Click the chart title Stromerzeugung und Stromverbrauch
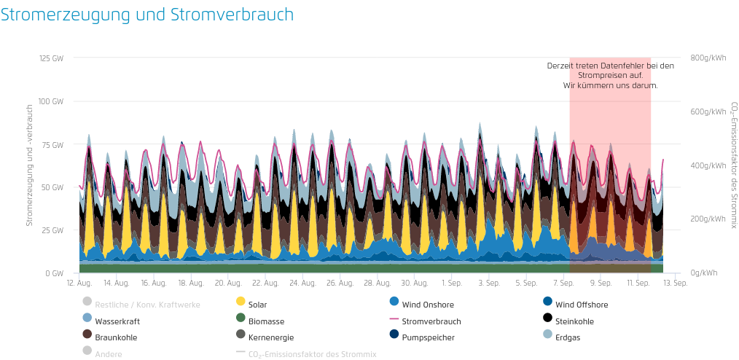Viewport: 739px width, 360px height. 147,15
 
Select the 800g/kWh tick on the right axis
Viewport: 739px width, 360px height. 708,58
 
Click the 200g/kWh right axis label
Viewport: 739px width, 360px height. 708,219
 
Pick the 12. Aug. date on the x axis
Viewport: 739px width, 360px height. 79,283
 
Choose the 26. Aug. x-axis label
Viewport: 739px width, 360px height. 340,283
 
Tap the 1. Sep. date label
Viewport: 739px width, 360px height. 452,283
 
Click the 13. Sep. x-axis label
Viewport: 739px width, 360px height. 676,283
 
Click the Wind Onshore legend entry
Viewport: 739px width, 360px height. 426,305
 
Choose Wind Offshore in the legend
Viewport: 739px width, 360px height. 581,305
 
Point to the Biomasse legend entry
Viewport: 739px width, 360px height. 266,321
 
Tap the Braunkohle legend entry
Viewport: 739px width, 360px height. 116,337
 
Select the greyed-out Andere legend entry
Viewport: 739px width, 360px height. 108,354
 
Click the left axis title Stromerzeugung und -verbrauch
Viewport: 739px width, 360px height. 30,165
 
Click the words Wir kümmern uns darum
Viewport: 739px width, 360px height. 610,85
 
